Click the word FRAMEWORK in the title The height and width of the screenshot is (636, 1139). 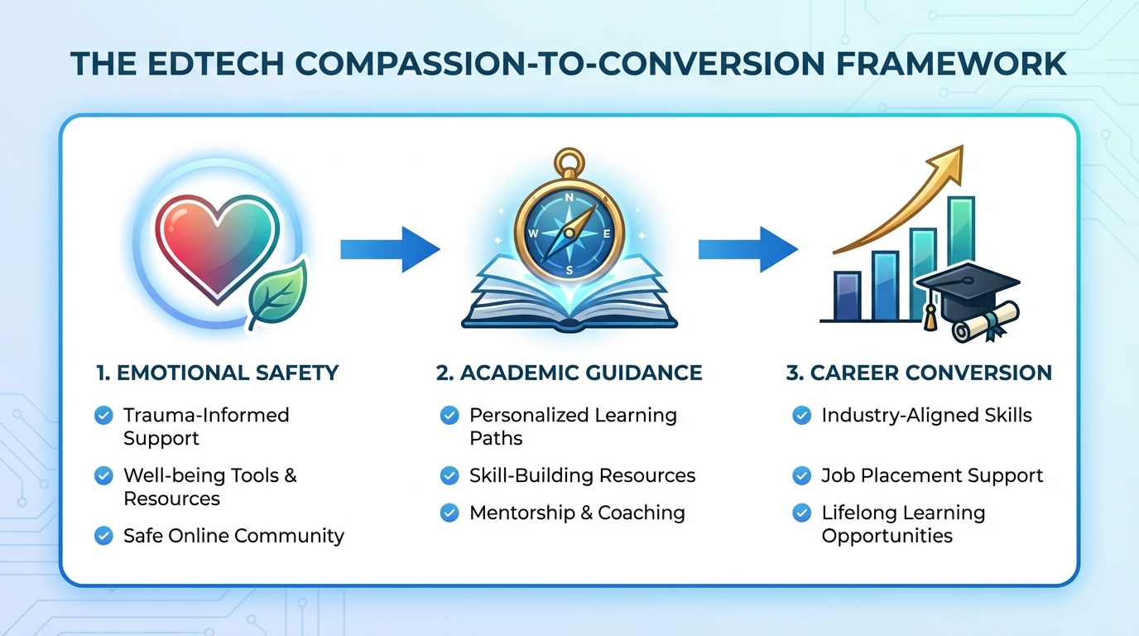click(951, 64)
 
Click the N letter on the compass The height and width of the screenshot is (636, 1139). click(569, 198)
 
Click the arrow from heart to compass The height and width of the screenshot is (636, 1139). click(390, 250)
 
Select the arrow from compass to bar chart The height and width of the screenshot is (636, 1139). click(748, 250)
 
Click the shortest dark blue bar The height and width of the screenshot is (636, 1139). click(848, 296)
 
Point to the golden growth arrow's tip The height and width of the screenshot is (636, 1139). click(963, 146)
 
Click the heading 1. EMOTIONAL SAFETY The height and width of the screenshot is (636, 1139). click(218, 373)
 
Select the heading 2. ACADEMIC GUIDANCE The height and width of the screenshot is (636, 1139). click(569, 373)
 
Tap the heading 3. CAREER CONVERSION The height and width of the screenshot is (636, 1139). click(919, 373)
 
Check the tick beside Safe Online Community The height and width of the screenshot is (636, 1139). click(103, 536)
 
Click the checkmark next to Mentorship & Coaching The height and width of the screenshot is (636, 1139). click(449, 513)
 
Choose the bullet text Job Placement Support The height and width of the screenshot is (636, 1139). click(932, 475)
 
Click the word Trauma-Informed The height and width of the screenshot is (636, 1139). click(206, 415)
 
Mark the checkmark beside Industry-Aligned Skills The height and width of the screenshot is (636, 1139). click(802, 416)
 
